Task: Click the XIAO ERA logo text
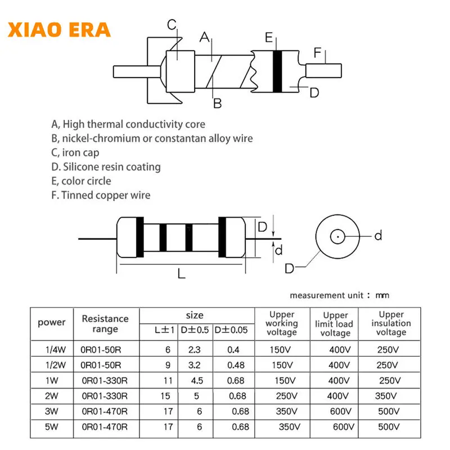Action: pyautogui.click(x=59, y=29)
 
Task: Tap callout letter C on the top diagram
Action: pyautogui.click(x=172, y=24)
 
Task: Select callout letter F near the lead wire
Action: pyautogui.click(x=318, y=53)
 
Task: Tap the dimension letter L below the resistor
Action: pyautogui.click(x=181, y=274)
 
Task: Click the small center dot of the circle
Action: pyautogui.click(x=337, y=237)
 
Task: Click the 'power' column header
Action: pyautogui.click(x=52, y=322)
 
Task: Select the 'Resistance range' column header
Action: pyautogui.click(x=105, y=323)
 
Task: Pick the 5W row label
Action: pyautogui.click(x=52, y=427)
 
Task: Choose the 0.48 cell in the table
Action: pyautogui.click(x=235, y=364)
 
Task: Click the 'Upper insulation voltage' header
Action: pyautogui.click(x=391, y=323)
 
